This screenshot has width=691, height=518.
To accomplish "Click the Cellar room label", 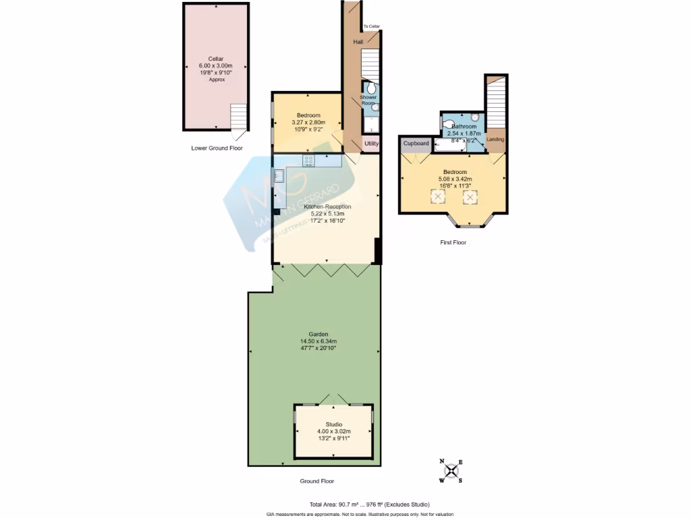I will tap(216, 59).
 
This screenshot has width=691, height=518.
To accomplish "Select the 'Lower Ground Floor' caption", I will tap(217, 148).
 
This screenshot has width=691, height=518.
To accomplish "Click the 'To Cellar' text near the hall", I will tap(372, 26).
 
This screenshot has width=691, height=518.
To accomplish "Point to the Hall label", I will tap(358, 42).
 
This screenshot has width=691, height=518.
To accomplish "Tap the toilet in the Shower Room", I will tap(370, 88).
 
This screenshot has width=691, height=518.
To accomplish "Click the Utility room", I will tap(372, 144).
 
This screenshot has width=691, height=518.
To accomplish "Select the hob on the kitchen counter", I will tap(310, 160).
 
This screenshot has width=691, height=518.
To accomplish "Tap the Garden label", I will tap(319, 334).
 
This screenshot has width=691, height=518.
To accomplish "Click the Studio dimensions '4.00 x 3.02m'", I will tap(333, 431).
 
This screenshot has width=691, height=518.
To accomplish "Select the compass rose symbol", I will tap(451, 471).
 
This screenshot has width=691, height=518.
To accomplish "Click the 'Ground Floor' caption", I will tap(316, 482).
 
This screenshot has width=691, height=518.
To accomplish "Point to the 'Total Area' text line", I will tap(369, 505).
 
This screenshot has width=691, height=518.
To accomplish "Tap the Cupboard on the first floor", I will tap(416, 144).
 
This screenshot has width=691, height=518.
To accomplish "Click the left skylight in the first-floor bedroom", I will tap(438, 196).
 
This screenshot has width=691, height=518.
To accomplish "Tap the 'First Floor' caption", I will tap(452, 242).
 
